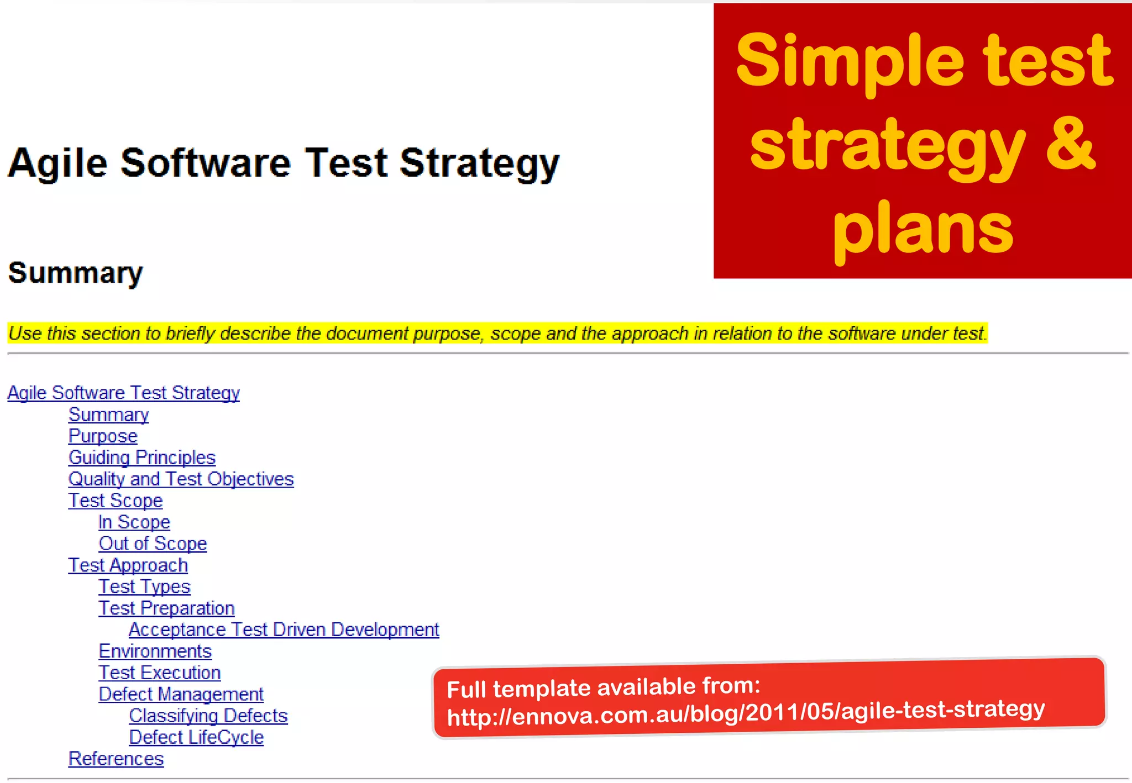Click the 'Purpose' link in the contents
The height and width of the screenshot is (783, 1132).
point(103,436)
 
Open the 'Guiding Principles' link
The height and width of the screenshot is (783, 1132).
point(142,458)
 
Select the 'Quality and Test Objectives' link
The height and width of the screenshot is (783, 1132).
point(181,479)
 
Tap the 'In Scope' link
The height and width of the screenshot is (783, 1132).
point(134,522)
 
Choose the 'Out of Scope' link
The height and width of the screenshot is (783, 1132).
point(153,544)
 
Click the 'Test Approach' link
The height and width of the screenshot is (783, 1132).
point(128,565)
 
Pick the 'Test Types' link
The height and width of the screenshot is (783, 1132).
point(144,587)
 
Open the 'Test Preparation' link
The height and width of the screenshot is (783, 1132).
point(166,609)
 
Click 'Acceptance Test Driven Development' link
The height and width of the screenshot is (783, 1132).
point(284,630)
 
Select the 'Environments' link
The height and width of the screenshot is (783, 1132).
point(155,652)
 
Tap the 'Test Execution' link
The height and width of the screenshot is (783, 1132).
point(160,673)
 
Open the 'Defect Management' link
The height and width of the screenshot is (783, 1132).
point(181,695)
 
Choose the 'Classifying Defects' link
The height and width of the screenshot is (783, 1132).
point(208,716)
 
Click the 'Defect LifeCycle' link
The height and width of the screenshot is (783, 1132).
point(196,738)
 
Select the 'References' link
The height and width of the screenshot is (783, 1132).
point(116,759)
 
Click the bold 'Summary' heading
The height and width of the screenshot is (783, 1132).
point(76,273)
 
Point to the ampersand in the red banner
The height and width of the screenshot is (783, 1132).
point(1070,145)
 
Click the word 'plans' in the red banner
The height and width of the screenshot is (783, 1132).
point(923,229)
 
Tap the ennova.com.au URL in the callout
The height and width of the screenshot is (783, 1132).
point(746,713)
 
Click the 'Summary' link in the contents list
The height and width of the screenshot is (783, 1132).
point(109,415)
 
